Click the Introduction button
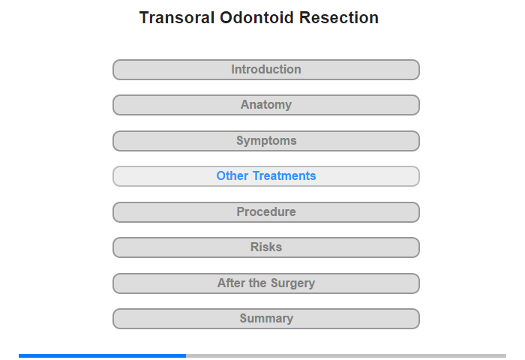click(x=265, y=70)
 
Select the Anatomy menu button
click(x=265, y=105)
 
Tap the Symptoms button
click(x=265, y=141)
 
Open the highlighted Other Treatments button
click(x=265, y=176)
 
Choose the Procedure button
click(x=265, y=212)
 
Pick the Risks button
click(x=265, y=247)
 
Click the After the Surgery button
click(x=265, y=283)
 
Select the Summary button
click(x=265, y=319)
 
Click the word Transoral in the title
click(x=177, y=18)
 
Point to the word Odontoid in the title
click(x=256, y=18)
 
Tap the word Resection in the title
click(x=339, y=18)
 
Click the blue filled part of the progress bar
click(x=102, y=355)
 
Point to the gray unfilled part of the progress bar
click(x=346, y=355)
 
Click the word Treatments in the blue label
click(x=284, y=175)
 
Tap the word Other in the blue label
click(x=232, y=175)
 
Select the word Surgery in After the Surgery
click(x=293, y=283)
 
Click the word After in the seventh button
click(x=231, y=283)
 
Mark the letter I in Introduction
click(x=233, y=69)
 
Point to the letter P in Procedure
click(x=241, y=211)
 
